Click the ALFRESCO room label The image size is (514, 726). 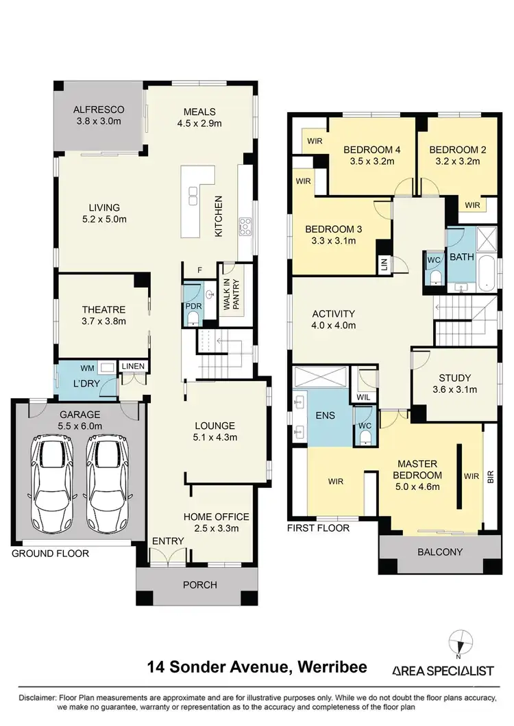pos(99,109)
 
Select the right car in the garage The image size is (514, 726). pos(108,476)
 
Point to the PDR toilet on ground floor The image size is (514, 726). pos(193,316)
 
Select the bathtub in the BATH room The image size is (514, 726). pos(485,272)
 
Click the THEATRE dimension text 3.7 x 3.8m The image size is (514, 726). pos(103,320)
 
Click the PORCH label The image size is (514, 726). pos(199,584)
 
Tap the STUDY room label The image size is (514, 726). pos(453,378)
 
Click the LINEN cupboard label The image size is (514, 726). pos(133,367)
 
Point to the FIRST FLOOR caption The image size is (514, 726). pos(319,528)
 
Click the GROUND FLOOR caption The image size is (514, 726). pos(50,553)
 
